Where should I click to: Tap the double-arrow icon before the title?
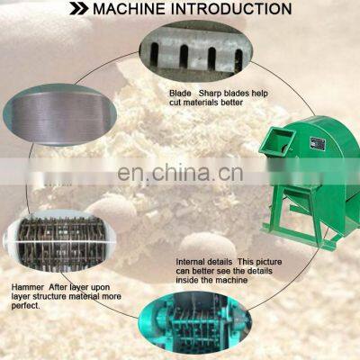coord(79,9)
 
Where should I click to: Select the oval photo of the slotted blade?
coord(196,51)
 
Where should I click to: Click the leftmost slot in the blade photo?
coord(154,54)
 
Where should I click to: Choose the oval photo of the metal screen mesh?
coord(60,114)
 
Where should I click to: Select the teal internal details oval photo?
coord(195,323)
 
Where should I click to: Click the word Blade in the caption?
coord(180,94)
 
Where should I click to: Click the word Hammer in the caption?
coord(27,287)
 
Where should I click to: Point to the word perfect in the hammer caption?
coord(25,306)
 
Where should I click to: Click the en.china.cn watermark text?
coord(180,174)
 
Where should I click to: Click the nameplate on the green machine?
coord(319,146)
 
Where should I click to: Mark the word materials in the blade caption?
coord(202,103)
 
